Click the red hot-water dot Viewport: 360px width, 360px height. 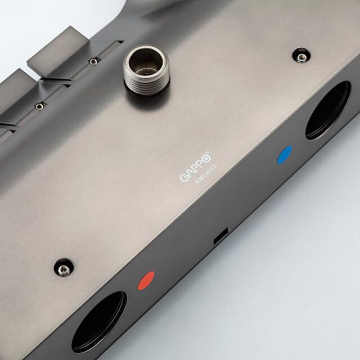[146, 280]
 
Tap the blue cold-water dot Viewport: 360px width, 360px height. [285, 155]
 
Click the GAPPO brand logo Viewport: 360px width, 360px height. [195, 166]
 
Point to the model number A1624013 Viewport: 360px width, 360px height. [206, 174]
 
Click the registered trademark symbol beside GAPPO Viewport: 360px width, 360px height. [209, 152]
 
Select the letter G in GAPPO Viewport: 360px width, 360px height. [184, 177]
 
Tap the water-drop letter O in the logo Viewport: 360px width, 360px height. [206, 158]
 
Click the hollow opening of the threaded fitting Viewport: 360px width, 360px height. [146, 61]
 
